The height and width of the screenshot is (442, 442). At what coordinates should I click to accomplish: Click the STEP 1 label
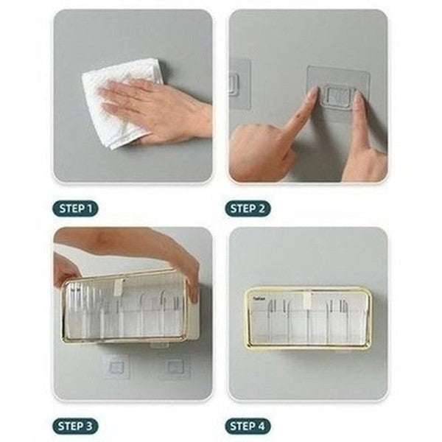(x=74, y=208)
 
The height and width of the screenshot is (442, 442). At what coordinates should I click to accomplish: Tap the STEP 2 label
(x=248, y=208)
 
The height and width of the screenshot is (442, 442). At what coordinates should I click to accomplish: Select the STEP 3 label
(x=74, y=426)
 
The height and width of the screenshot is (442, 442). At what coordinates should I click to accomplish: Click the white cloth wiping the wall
(x=118, y=103)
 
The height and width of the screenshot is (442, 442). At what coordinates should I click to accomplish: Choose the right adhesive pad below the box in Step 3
(x=174, y=366)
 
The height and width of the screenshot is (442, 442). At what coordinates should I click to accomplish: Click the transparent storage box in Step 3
(x=125, y=309)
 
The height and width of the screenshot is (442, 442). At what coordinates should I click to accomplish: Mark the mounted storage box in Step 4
(x=307, y=318)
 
